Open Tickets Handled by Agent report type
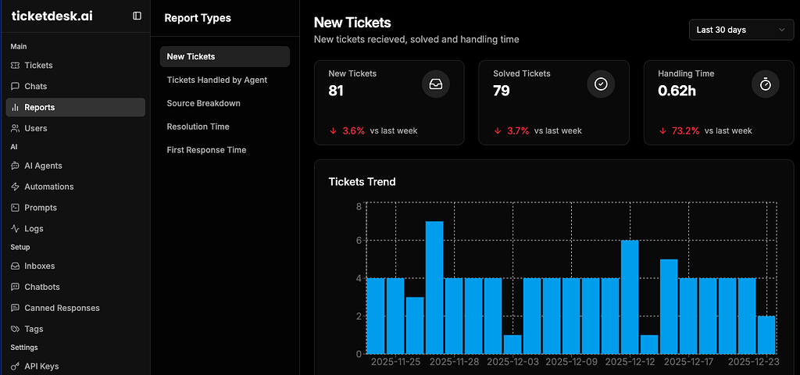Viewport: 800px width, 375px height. (x=216, y=80)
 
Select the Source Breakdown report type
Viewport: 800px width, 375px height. (x=203, y=103)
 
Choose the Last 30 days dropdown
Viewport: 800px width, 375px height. (x=741, y=30)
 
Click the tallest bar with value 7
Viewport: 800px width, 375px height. (x=434, y=287)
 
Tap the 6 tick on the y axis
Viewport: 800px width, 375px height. (x=358, y=241)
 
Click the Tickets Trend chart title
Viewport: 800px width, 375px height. (x=362, y=182)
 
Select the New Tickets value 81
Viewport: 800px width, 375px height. (x=336, y=91)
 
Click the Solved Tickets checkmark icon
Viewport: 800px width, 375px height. (x=601, y=84)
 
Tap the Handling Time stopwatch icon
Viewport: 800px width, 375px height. (x=766, y=84)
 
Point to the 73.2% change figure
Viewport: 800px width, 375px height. (x=685, y=130)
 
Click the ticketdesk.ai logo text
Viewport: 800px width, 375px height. (x=52, y=16)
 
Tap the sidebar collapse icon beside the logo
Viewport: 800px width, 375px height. (x=137, y=16)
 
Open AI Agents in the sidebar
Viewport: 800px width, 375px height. (x=43, y=166)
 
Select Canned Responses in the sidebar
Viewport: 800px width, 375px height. (x=62, y=308)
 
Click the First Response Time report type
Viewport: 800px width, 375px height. (x=206, y=150)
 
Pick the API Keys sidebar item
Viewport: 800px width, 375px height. (x=41, y=366)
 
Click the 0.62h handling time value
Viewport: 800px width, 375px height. (x=676, y=91)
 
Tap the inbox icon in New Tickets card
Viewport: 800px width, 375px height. (x=436, y=84)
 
